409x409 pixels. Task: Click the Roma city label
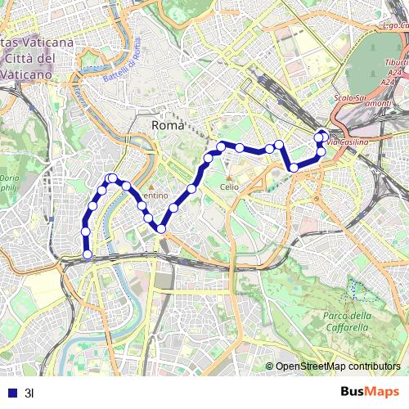[x=169, y=125]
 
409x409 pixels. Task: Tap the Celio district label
[x=229, y=187]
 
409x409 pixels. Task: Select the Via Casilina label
[x=348, y=143]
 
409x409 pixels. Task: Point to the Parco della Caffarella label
[x=347, y=321]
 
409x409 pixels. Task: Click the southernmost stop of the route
[x=88, y=254]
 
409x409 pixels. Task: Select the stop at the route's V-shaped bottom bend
[x=162, y=229]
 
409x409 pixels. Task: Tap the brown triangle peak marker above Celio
[x=229, y=177]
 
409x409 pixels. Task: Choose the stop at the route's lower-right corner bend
[x=294, y=168]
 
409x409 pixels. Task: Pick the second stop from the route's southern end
[x=85, y=231]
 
